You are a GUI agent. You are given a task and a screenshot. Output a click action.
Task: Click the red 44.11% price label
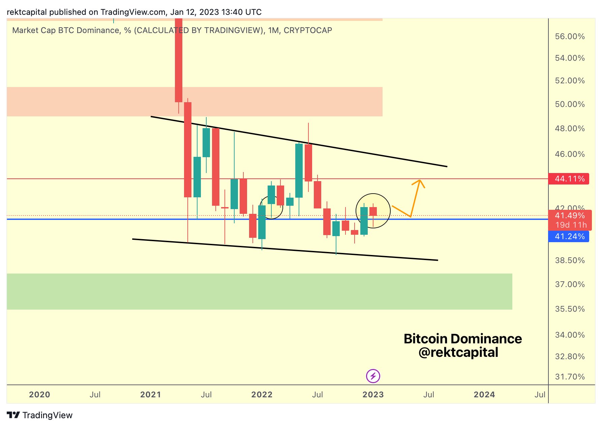(569, 179)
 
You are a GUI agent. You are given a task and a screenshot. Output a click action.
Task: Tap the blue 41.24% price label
(569, 236)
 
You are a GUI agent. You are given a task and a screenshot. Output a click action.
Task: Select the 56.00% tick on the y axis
(570, 36)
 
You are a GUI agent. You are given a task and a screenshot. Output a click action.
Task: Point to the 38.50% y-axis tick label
(570, 260)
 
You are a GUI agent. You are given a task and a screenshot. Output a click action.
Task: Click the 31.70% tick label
(570, 377)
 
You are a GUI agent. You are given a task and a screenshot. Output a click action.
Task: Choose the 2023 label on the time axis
(373, 395)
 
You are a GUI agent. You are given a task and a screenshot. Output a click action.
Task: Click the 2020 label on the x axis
(39, 395)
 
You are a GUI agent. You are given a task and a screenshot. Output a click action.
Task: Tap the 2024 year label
(484, 395)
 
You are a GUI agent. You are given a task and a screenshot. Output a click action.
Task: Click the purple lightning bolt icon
(373, 376)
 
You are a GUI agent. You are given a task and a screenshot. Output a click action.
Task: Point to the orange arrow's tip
(420, 180)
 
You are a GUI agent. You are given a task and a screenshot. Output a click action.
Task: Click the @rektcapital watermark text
(458, 352)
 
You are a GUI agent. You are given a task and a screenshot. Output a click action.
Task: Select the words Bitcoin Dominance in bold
(462, 339)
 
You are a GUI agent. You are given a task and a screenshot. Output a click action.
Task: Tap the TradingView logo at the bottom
(40, 415)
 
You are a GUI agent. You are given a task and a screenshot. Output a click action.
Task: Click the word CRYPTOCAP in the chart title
(308, 30)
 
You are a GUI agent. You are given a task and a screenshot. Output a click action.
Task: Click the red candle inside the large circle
(373, 211)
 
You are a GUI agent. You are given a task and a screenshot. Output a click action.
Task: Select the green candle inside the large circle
(364, 221)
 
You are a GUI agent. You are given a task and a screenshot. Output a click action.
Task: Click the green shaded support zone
(259, 291)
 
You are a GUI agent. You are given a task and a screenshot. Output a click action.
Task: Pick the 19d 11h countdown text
(571, 225)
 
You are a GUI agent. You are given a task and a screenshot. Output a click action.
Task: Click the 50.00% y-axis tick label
(570, 104)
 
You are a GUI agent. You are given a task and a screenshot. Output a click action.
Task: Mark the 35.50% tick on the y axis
(570, 309)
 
